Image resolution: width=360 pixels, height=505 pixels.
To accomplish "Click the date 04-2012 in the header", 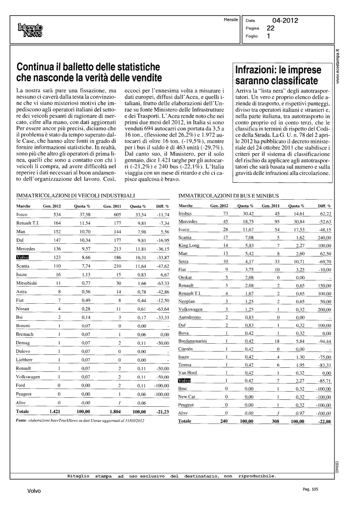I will pyautogui.click(x=285, y=21).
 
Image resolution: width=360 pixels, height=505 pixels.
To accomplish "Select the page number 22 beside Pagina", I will pyautogui.click(x=270, y=28).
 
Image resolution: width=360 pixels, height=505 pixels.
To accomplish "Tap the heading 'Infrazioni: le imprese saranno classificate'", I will pyautogui.click(x=278, y=75).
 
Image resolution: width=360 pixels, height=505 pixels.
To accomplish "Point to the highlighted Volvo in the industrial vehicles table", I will pyautogui.click(x=23, y=258).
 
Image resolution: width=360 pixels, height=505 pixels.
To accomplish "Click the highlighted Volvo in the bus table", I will pyautogui.click(x=184, y=381).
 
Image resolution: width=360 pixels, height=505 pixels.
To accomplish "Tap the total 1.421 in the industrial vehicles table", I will pyautogui.click(x=55, y=411).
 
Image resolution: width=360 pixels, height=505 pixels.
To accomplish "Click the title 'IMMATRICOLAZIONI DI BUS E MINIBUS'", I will pyautogui.click(x=228, y=196).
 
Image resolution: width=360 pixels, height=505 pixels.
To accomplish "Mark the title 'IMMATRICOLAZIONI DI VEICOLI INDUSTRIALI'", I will pyautogui.click(x=75, y=195).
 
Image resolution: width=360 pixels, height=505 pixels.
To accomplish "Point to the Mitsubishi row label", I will pyautogui.click(x=26, y=283).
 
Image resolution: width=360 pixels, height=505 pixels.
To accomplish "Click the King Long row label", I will pyautogui.click(x=189, y=245).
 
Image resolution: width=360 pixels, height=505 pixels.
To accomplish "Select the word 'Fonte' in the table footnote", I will pyautogui.click(x=22, y=420).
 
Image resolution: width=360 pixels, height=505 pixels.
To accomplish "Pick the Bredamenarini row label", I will pyautogui.click(x=192, y=341).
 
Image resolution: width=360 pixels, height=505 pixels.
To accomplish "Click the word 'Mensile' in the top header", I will pyautogui.click(x=231, y=20).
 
